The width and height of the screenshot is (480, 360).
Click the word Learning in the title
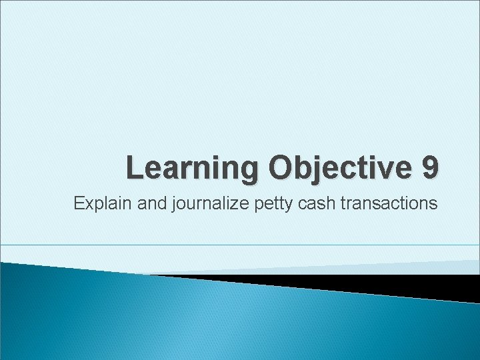[x=193, y=167]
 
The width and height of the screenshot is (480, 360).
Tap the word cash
[x=315, y=203]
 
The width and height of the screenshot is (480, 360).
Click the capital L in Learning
[x=135, y=167]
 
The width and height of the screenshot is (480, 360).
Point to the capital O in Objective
[x=283, y=167]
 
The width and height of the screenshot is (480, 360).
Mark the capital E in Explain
[x=79, y=203]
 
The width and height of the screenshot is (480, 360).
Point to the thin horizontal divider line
[x=240, y=245]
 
